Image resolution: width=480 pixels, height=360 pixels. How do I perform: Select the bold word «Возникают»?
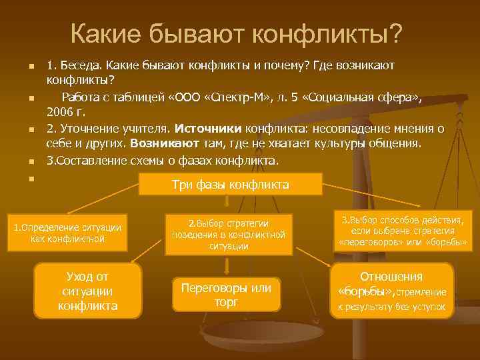tap(162, 143)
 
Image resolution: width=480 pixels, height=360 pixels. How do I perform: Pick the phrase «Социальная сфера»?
tap(364, 97)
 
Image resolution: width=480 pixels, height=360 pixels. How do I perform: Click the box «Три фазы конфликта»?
tap(230, 185)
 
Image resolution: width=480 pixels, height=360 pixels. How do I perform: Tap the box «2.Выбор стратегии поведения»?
tap(229, 233)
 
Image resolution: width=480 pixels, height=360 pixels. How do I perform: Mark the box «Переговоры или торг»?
tap(226, 294)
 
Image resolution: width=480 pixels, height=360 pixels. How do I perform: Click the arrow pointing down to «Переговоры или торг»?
tap(228, 266)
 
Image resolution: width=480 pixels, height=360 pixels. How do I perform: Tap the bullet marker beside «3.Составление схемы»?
tap(31, 161)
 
